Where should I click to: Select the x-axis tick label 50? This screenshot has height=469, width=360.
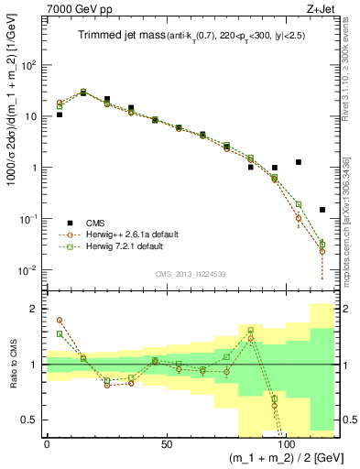(x=166, y=444)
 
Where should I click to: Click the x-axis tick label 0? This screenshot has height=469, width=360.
(x=47, y=444)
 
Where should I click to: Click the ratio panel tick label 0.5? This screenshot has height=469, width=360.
(x=29, y=420)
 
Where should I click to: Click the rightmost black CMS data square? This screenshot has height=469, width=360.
(x=322, y=210)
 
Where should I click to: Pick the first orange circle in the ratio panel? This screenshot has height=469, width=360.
(x=60, y=320)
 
